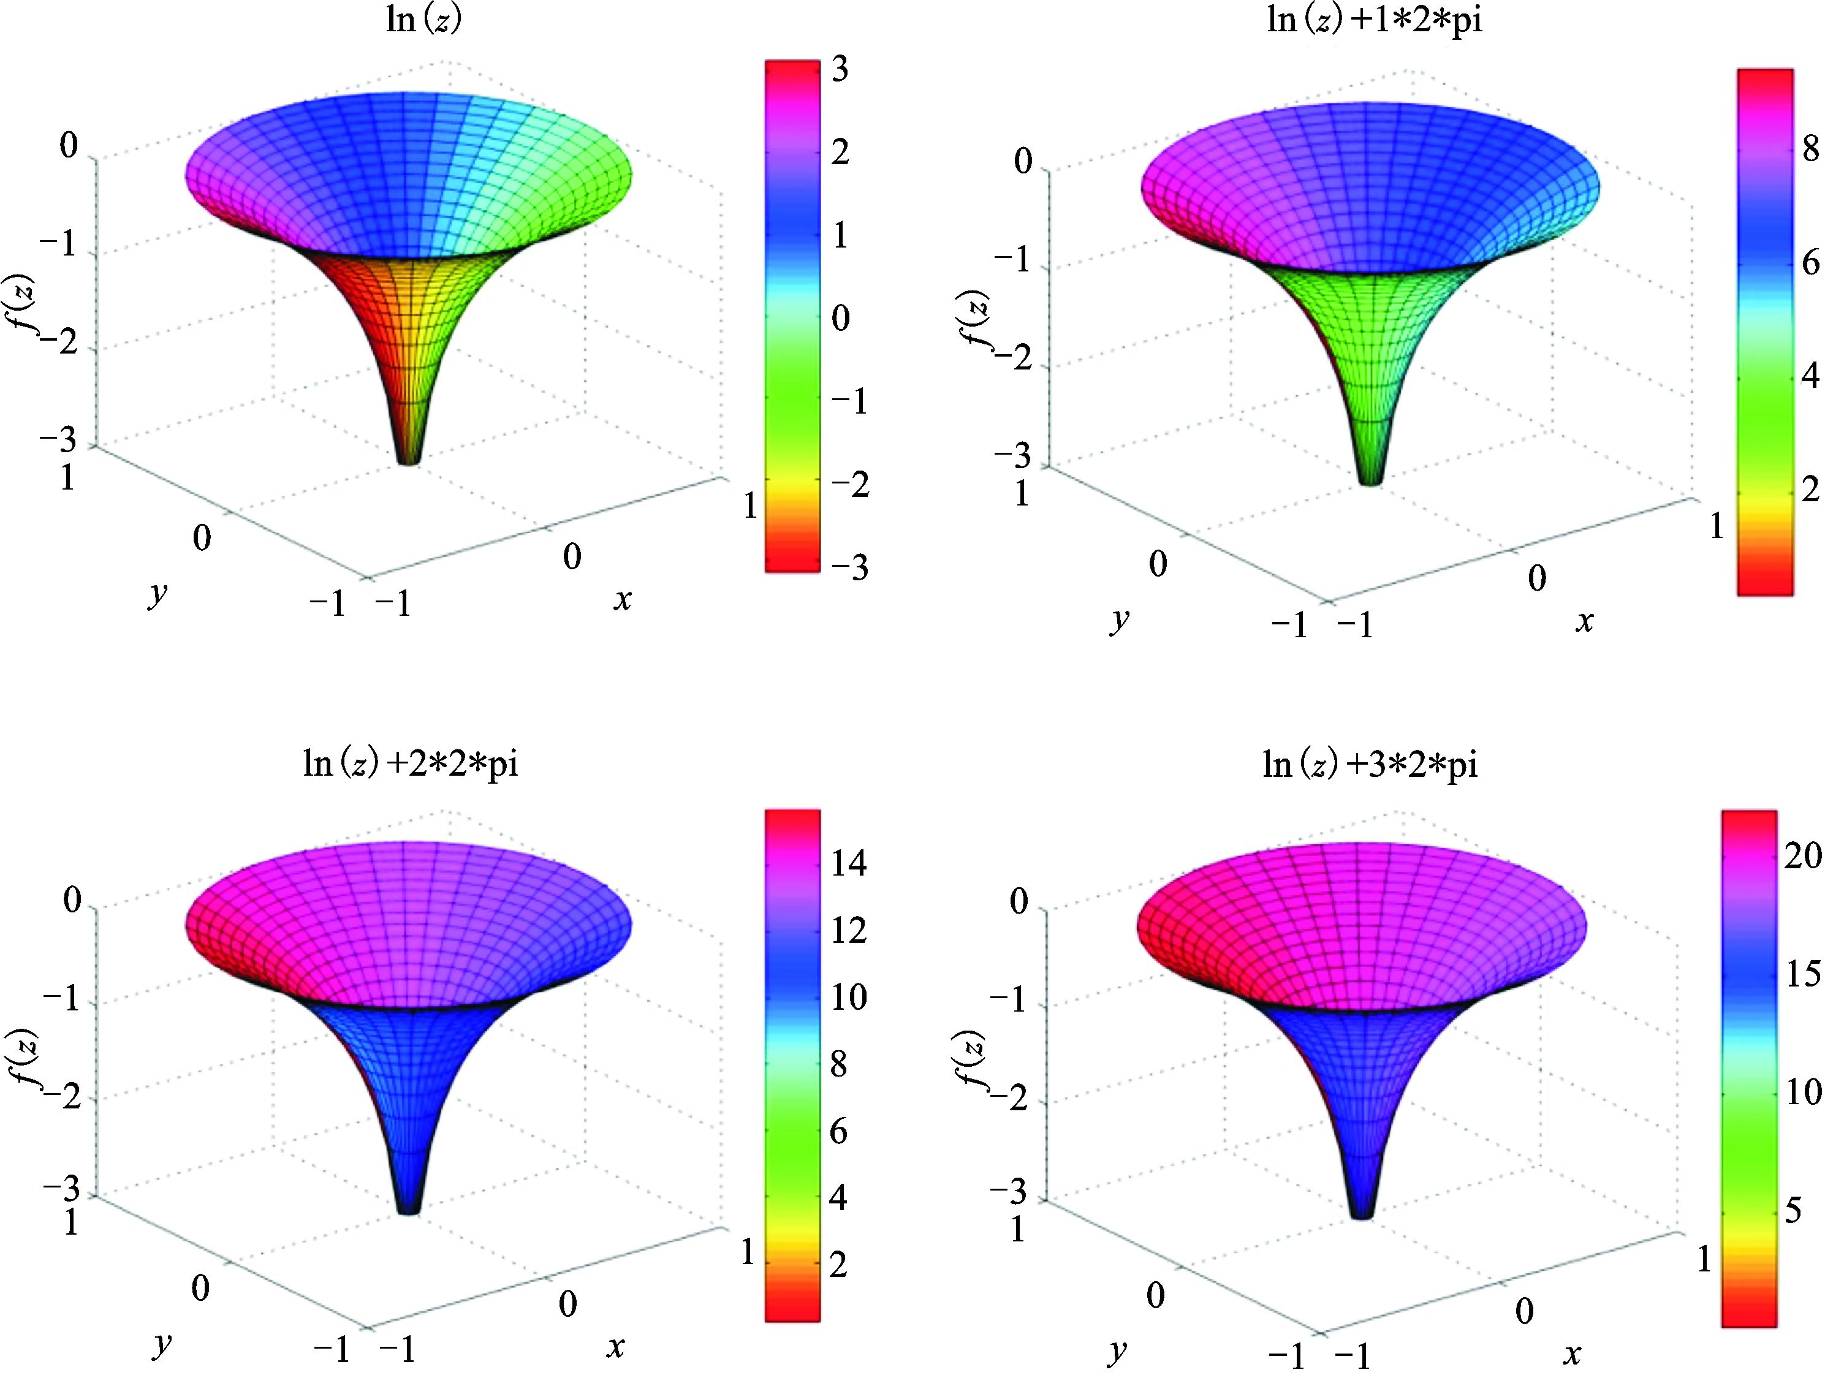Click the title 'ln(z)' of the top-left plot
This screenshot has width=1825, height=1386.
pyautogui.click(x=424, y=20)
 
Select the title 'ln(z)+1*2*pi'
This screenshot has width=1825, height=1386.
pyautogui.click(x=1374, y=20)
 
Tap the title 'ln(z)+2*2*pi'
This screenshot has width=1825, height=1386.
pyautogui.click(x=411, y=765)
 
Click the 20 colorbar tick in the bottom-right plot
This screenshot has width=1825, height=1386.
pyautogui.click(x=1802, y=855)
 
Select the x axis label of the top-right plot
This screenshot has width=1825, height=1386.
pyautogui.click(x=1584, y=621)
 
